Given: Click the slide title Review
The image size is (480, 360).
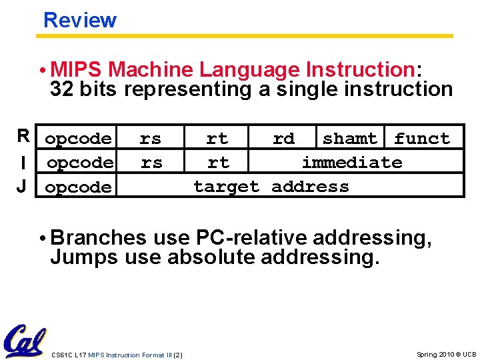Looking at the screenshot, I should [x=79, y=20].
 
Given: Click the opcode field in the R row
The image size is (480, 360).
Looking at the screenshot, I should [x=78, y=139].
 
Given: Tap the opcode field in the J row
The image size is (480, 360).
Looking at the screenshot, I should [x=78, y=187].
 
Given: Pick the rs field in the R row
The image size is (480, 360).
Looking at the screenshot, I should [x=150, y=139].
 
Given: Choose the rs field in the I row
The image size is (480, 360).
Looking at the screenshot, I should [x=151, y=163].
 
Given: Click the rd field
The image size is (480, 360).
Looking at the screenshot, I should [x=283, y=139].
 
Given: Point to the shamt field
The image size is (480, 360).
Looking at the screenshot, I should [x=349, y=139].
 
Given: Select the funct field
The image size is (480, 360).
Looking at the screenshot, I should [x=421, y=139].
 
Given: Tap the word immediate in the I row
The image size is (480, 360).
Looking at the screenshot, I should [x=352, y=163].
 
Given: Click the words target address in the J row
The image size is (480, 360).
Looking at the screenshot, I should [x=271, y=187].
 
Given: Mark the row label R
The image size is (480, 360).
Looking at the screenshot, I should [x=23, y=137].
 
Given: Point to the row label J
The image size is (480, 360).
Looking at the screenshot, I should [x=23, y=186].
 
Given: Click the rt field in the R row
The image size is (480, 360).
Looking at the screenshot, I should [x=217, y=139].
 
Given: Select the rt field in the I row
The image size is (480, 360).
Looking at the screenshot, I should [x=218, y=163].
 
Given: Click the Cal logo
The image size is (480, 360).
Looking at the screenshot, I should [x=25, y=341].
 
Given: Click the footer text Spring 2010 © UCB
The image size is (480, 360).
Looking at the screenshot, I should [x=446, y=354].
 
